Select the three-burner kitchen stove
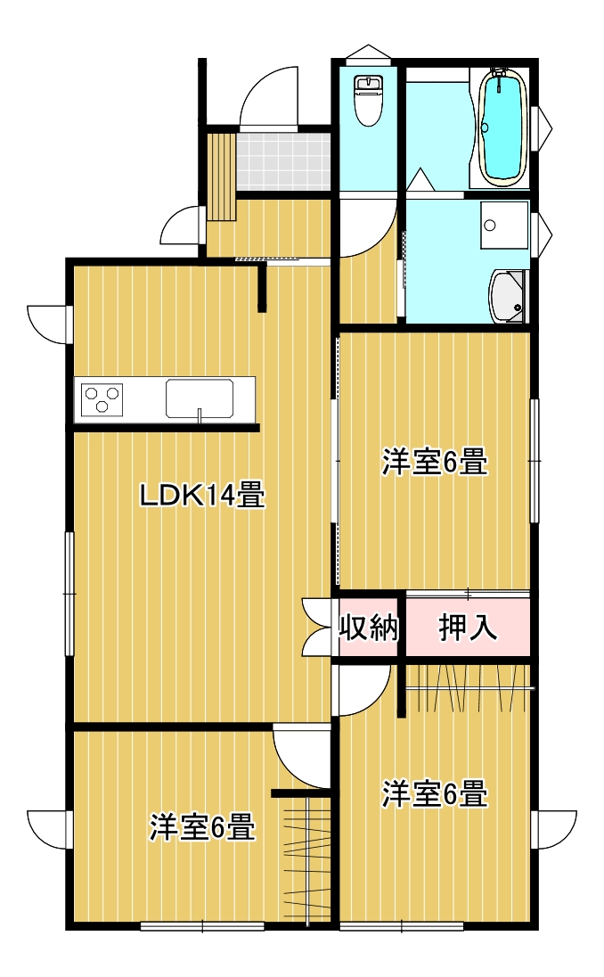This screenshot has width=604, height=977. tap(102, 398)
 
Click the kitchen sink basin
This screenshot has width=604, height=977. tap(200, 398)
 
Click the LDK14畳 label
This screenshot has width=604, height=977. tap(202, 495)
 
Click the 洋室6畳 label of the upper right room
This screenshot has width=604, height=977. tap(436, 464)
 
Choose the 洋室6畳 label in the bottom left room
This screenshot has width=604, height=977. tap(202, 827)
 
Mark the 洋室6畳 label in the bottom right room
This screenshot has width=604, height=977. tap(436, 793)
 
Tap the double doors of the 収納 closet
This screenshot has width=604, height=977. tap(315, 628)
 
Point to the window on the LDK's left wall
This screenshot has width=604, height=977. tap(69, 593)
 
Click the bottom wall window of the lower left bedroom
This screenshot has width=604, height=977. tap(202, 927)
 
